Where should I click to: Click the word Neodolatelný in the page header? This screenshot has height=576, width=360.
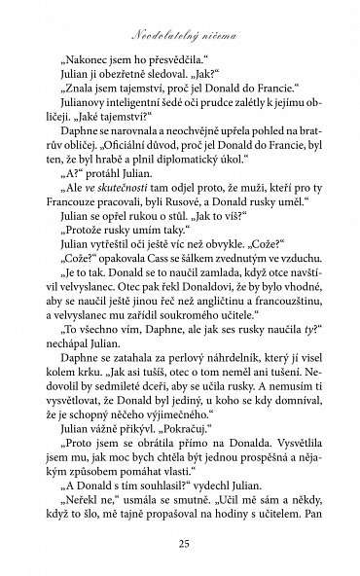[x=158, y=32]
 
